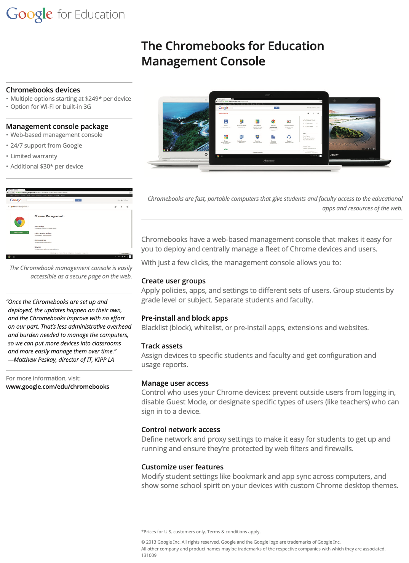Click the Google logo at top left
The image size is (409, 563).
pos(29,14)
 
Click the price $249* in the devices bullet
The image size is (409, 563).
pos(93,99)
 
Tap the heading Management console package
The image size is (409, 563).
pos(57,126)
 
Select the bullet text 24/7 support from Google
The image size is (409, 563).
pos(46,145)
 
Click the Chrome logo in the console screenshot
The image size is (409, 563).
pos(19,222)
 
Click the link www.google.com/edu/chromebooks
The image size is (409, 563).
pos(58,386)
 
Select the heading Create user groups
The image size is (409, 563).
pos(173,281)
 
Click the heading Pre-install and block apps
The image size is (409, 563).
pos(184,318)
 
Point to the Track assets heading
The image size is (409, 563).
pos(162,346)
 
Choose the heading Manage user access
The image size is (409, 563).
pos(175,383)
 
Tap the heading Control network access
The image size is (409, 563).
pos(181,429)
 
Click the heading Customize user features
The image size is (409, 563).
pos(182,467)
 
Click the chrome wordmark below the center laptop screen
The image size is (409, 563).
pos(269,161)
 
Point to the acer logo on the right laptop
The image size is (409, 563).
pos(334,155)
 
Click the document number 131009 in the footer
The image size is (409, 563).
pos(149,555)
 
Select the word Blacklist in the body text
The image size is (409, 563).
pos(154,328)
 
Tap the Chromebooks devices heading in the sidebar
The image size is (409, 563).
pos(43,90)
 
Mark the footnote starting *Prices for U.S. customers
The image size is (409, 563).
pos(201,531)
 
